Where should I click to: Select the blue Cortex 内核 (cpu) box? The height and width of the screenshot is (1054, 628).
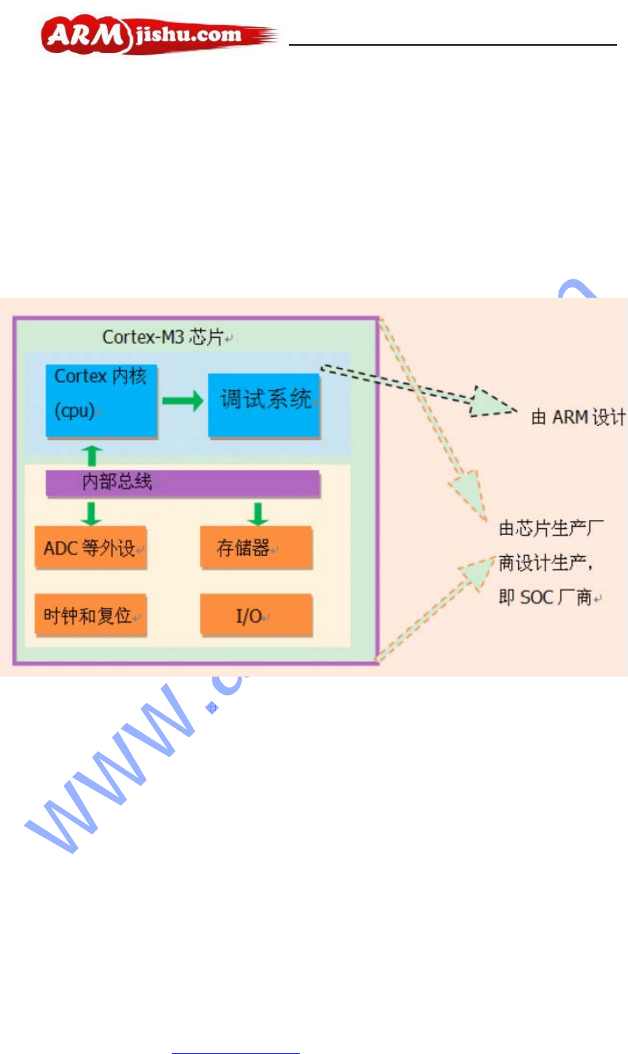(x=101, y=401)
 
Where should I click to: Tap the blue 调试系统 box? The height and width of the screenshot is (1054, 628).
(x=264, y=404)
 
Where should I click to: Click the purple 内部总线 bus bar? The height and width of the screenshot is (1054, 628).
(x=183, y=483)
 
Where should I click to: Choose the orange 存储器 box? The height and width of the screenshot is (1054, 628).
(x=256, y=548)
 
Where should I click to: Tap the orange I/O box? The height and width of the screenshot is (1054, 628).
(x=256, y=616)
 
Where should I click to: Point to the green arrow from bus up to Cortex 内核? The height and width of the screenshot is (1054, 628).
(x=93, y=455)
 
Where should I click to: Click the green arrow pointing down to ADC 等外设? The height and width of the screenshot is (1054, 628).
(x=91, y=512)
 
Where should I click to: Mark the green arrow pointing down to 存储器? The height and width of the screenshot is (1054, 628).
(x=257, y=512)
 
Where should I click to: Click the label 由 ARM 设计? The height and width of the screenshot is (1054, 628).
(x=578, y=417)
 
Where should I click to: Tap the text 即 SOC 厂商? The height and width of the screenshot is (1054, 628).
(x=549, y=598)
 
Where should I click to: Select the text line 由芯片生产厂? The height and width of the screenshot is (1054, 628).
(x=550, y=528)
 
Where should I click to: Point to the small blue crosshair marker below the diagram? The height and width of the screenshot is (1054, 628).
(x=212, y=708)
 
